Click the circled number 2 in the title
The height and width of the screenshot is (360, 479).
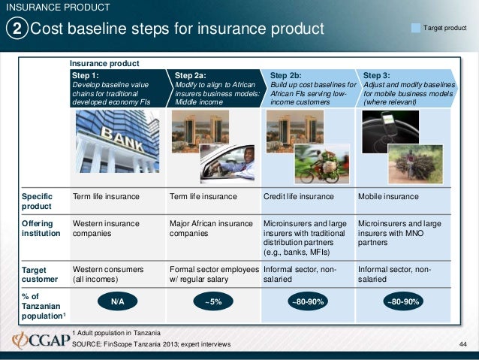pos(17,29)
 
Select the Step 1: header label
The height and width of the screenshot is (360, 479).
pos(85,75)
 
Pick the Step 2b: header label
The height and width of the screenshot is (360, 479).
pos(285,75)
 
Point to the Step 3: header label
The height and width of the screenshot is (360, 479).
pos(376,75)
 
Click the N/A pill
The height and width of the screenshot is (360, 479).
pos(118,301)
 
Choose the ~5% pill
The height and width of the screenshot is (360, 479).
pos(213,301)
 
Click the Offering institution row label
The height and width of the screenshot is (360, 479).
pos(35,228)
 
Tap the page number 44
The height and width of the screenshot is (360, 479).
pos(462,344)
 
